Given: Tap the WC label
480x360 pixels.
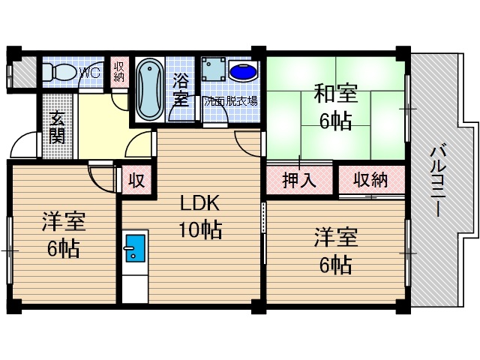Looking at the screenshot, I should click(89, 73).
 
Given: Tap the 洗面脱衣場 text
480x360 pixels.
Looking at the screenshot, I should click(230, 100).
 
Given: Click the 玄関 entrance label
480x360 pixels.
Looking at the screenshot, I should click(57, 127).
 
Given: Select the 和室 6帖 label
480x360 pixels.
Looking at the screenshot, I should click(335, 108).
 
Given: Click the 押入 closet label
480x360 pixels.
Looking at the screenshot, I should click(298, 180).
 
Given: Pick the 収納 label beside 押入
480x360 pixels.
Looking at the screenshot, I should click(370, 180).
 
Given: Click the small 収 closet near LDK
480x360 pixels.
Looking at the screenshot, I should click(136, 181).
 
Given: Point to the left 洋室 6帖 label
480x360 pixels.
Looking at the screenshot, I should click(64, 235).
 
